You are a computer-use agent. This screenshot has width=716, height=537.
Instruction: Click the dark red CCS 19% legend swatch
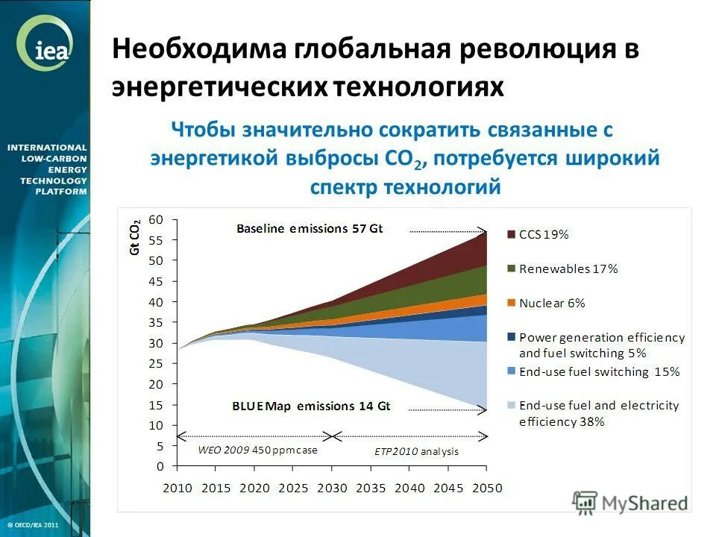[x=511, y=234]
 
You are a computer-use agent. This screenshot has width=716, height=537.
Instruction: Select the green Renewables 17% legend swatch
[x=511, y=268]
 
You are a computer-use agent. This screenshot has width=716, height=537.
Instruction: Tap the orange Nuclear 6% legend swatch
[x=511, y=303]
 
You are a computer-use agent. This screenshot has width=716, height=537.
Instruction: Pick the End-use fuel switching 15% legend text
[x=599, y=371]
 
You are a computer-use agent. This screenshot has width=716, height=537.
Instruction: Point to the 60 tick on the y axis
[x=156, y=219]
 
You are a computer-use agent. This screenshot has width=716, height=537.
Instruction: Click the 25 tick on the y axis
[x=156, y=363]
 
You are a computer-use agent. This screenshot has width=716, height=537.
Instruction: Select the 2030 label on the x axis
[x=332, y=488]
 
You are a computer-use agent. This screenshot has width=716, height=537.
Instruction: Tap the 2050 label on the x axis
[x=487, y=488]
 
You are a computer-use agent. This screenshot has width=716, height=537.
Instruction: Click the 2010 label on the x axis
[x=177, y=488]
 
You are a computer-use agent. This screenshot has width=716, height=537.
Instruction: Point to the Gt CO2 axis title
[x=135, y=238]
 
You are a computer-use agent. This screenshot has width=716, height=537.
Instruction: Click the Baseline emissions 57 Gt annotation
[x=310, y=229]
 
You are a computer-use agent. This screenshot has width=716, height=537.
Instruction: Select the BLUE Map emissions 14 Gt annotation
[x=311, y=406]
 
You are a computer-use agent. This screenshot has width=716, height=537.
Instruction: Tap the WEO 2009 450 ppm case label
[x=257, y=450]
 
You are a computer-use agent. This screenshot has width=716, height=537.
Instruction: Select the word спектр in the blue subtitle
[x=344, y=186]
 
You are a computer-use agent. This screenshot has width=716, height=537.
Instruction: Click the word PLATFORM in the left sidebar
[x=61, y=192]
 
